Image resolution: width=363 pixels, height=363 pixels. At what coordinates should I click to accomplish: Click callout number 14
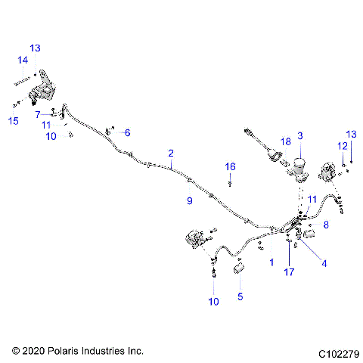(23, 60)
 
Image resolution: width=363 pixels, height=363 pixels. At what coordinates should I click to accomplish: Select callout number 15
(14, 121)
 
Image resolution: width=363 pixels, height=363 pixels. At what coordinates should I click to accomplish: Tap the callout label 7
(36, 114)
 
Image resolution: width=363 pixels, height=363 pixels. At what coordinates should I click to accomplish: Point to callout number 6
(127, 132)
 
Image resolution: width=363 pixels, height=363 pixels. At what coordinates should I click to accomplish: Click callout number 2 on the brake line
(171, 153)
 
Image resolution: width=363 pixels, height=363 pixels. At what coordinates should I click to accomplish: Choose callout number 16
(230, 166)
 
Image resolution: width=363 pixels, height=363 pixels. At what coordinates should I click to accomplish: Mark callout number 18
(285, 141)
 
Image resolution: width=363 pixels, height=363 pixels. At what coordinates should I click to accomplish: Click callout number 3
(299, 135)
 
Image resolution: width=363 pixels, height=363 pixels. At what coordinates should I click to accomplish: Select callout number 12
(341, 146)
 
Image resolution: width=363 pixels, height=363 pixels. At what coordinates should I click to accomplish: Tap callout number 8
(326, 225)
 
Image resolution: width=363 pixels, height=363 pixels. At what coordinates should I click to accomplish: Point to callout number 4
(324, 264)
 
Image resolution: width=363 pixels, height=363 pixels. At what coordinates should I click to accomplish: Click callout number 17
(289, 271)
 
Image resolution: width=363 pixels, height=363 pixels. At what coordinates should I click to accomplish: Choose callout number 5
(240, 297)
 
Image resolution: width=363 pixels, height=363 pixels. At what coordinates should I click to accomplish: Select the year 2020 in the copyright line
(35, 352)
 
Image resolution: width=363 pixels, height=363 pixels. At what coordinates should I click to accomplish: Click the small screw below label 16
(230, 183)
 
